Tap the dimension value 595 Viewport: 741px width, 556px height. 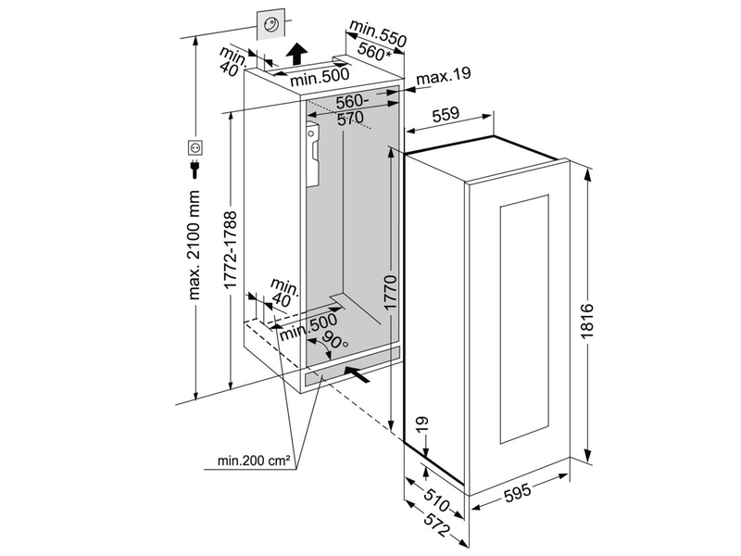(518, 493)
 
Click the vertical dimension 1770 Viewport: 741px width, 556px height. (389, 290)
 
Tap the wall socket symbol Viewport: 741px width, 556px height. (195, 146)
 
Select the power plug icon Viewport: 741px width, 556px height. (195, 167)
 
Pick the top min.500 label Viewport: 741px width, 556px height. (319, 80)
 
